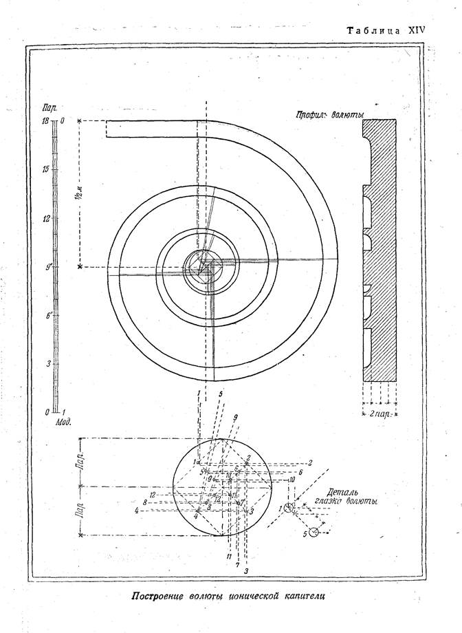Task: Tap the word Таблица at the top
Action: pos(375,32)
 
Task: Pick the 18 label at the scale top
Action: pos(44,121)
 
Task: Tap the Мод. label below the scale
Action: pos(63,420)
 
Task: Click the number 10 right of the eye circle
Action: pos(291,479)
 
